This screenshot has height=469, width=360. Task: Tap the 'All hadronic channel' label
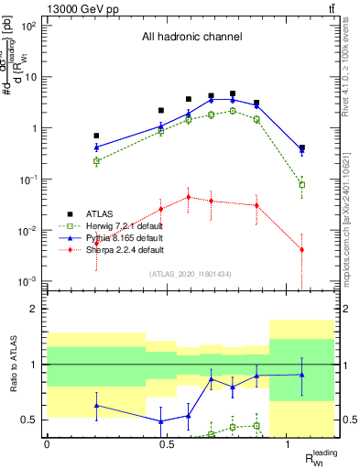[191, 38]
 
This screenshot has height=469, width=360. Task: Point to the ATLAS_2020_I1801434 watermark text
[190, 274]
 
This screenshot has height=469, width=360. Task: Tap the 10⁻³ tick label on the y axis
[29, 281]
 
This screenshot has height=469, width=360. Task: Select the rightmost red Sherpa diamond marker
[302, 250]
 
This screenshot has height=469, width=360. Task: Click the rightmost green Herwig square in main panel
[302, 185]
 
